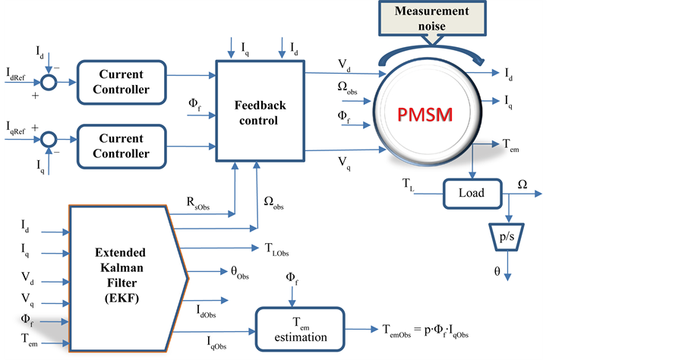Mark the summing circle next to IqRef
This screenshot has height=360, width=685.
(49, 140)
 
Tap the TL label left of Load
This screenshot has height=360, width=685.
(409, 185)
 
